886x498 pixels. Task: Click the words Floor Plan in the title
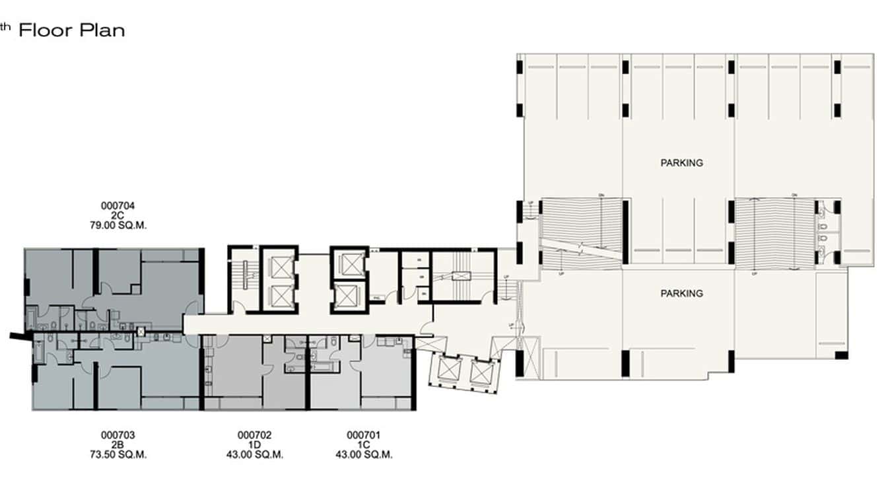[71, 30]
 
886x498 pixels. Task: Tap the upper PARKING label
[681, 162]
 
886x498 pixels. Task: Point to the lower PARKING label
[681, 293]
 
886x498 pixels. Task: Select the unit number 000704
[118, 206]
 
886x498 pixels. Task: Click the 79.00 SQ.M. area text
[118, 225]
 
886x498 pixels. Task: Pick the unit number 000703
[118, 435]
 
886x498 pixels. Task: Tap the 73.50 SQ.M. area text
[118, 455]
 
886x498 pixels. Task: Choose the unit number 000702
[254, 435]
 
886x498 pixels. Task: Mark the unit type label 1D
[254, 445]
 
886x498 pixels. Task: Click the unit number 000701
[364, 435]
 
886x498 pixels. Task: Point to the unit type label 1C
[364, 445]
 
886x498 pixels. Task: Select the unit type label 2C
[118, 216]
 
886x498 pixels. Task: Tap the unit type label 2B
[118, 445]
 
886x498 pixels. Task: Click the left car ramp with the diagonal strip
[581, 231]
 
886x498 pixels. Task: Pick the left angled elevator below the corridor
[443, 371]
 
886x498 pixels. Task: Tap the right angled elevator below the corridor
[480, 374]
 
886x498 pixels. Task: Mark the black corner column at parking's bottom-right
[841, 355]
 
